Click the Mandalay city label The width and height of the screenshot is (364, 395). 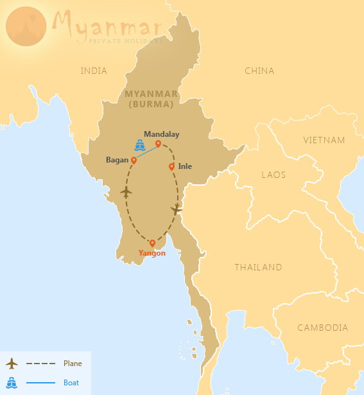(161, 134)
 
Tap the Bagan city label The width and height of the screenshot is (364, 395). (117, 160)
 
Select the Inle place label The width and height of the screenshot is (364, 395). (185, 166)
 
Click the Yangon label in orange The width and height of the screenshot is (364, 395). (152, 253)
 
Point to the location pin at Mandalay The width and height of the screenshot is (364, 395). (158, 143)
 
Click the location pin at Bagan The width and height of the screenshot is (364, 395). (134, 159)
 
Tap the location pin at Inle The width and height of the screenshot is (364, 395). (171, 167)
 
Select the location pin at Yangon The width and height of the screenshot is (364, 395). (152, 243)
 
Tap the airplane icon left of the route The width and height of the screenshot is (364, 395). (126, 191)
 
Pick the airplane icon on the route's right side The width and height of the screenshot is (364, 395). (177, 209)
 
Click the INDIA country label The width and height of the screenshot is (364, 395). (94, 71)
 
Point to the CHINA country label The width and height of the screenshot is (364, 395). (259, 71)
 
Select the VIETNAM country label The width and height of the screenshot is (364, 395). (324, 140)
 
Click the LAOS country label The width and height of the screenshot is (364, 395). (273, 174)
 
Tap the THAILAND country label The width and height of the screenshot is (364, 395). (258, 267)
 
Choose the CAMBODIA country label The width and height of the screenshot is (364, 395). (322, 328)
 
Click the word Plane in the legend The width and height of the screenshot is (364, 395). (73, 364)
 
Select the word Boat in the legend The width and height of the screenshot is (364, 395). (71, 383)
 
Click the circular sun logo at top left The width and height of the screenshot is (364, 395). (26, 26)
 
